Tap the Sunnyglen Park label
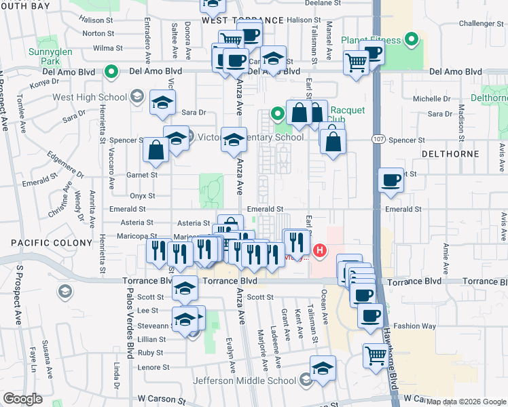click(46, 56)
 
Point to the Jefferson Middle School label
click(246, 381)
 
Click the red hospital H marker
click(319, 251)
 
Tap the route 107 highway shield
click(379, 139)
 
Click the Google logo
click(22, 399)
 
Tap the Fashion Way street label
click(414, 326)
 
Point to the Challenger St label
click(479, 23)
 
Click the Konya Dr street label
click(46, 82)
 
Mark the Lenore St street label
click(153, 368)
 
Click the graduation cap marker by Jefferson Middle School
click(323, 368)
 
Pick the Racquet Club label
click(348, 116)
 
